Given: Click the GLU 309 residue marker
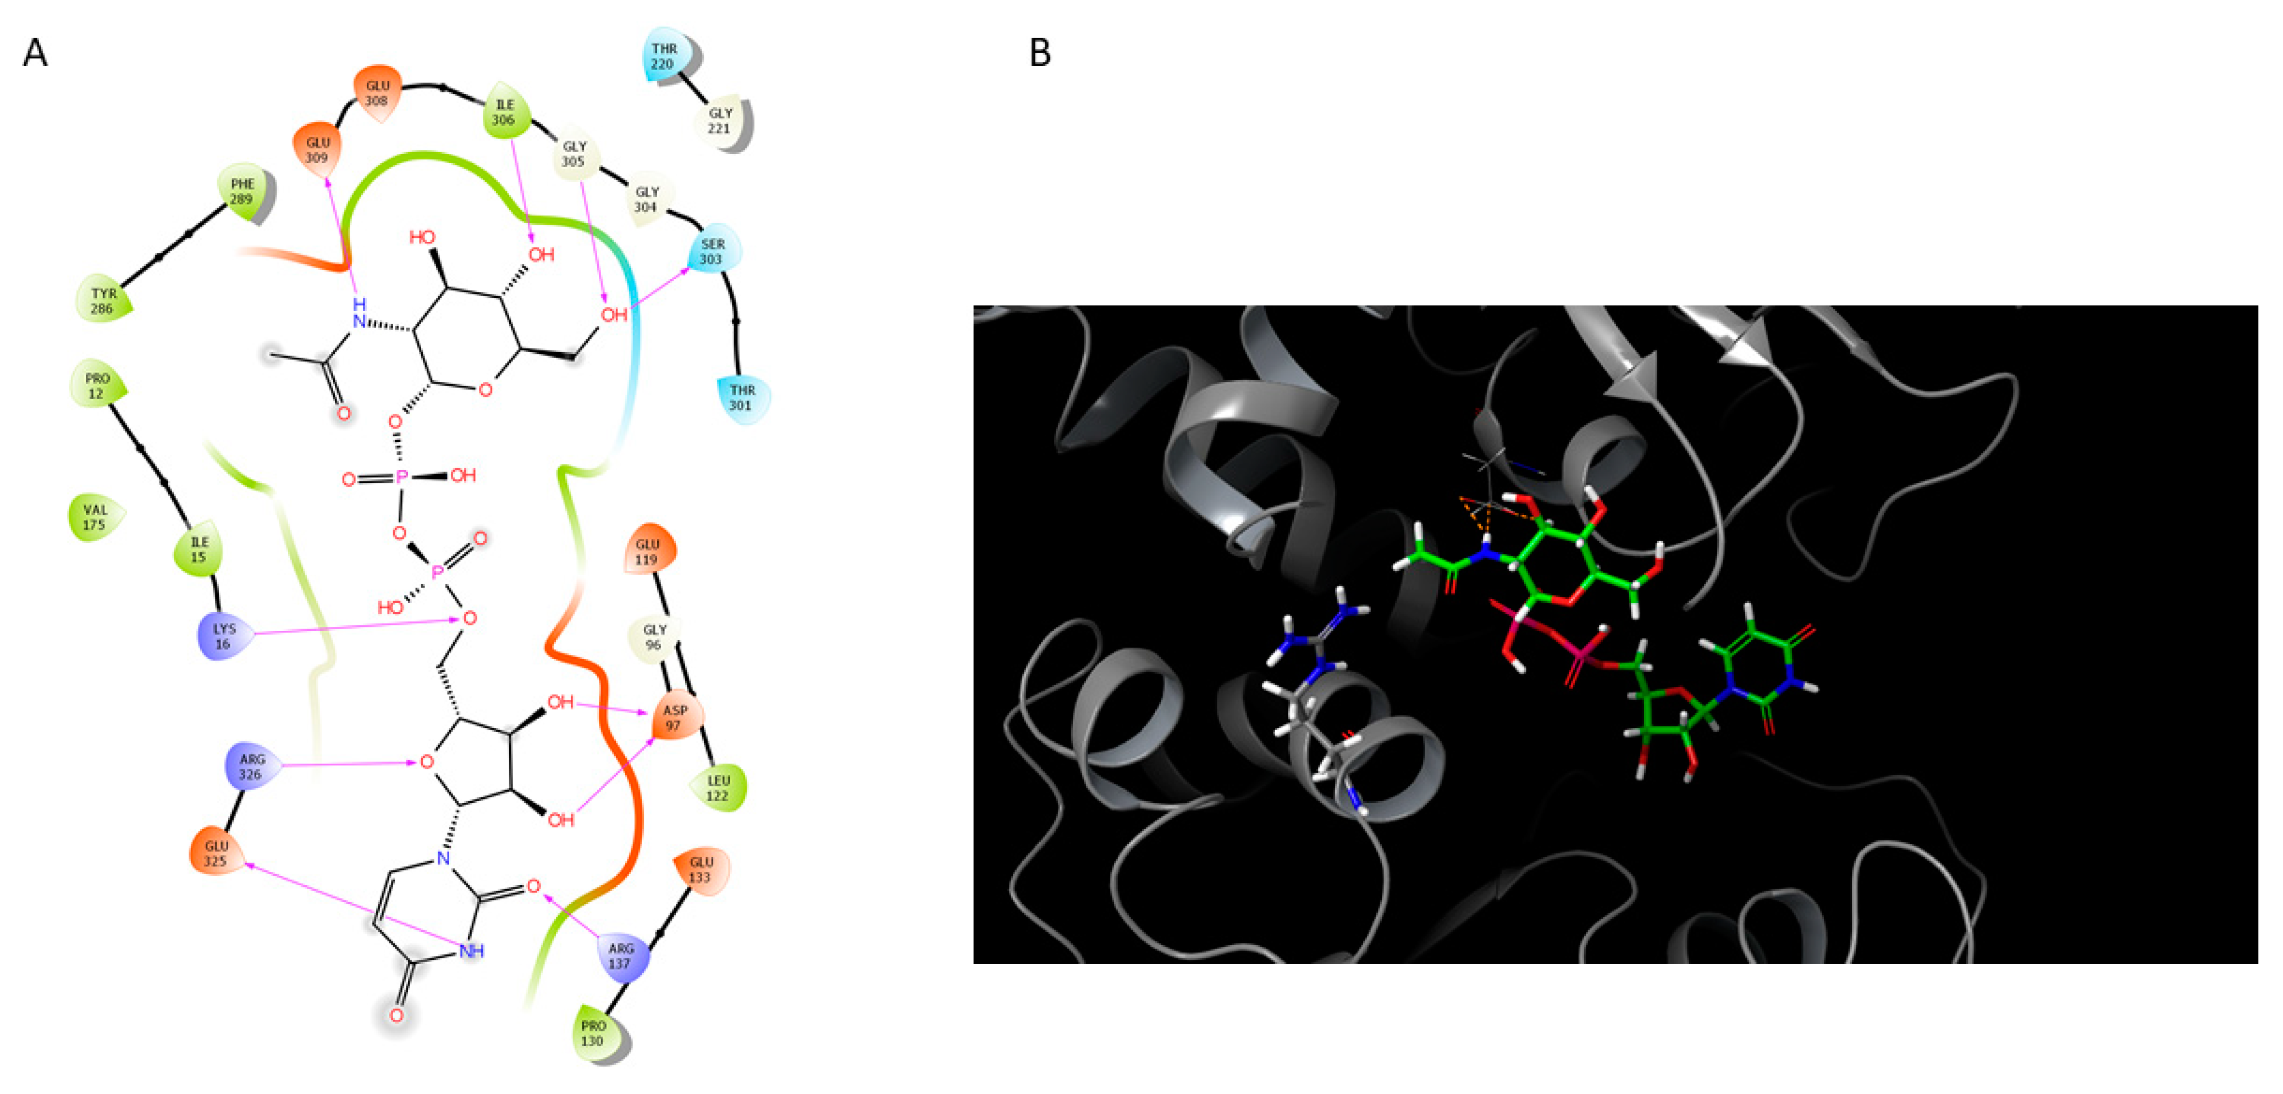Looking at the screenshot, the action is (317, 149).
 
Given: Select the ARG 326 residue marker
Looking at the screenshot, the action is (252, 767).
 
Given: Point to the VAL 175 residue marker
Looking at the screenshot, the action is (95, 517).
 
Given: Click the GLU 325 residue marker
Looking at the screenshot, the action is (216, 853).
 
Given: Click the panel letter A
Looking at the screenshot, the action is (35, 53).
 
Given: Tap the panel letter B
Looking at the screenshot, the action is (1040, 53).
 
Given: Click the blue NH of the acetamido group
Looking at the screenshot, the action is (359, 314).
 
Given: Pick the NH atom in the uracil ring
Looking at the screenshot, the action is (472, 951).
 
